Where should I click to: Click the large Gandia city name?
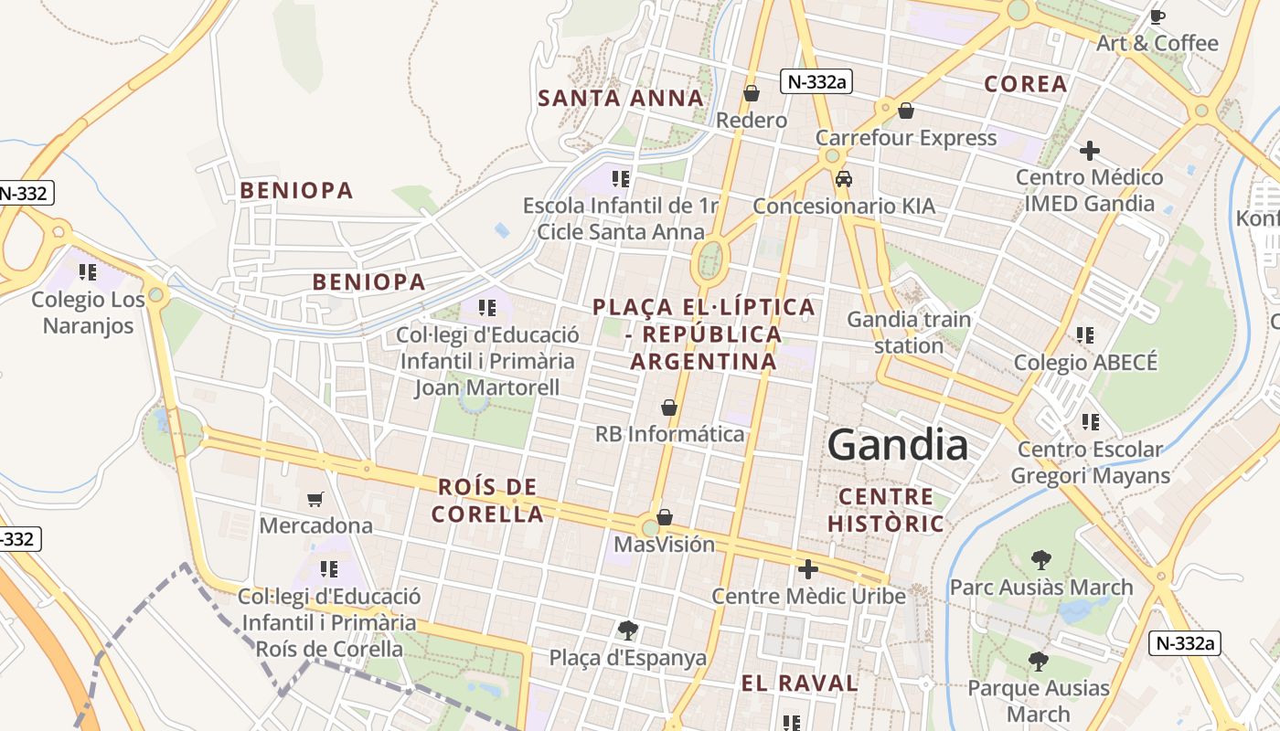897,445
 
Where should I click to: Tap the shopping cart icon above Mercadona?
315,499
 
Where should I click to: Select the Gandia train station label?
909,333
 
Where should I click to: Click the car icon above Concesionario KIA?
844,179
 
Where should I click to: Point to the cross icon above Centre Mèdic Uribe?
808,569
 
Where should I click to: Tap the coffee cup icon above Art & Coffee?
1157,16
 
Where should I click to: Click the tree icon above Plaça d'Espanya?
627,630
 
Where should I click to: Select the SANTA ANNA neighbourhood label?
621,98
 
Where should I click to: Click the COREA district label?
1026,84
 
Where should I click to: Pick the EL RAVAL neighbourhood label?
799,683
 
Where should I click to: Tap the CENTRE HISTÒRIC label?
885,510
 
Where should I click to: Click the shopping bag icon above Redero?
752,93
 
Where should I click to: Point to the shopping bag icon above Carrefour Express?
906,111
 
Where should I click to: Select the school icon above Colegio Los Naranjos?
88,272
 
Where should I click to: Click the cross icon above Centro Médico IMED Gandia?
1089,150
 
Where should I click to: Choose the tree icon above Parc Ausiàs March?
1040,559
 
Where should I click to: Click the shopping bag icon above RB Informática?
669,407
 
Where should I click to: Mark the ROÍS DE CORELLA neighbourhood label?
487,500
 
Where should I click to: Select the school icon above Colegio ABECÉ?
1085,335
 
